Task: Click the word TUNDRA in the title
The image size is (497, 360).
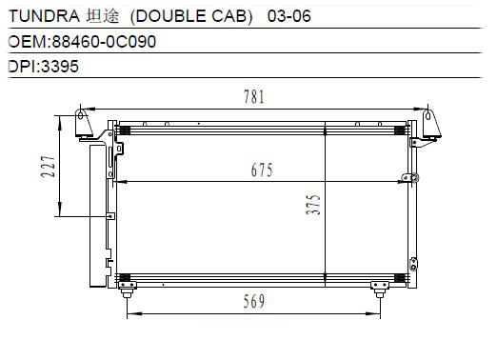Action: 44,16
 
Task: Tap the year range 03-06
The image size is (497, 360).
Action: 288,16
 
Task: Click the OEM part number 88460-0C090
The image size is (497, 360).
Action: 104,42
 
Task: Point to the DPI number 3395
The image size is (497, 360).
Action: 60,67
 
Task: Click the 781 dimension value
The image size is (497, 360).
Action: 254,97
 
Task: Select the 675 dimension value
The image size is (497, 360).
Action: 262,170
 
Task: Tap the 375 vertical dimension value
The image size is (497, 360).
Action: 313,205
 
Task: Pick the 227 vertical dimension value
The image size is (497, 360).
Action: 49,167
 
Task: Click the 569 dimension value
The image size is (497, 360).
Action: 254,301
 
